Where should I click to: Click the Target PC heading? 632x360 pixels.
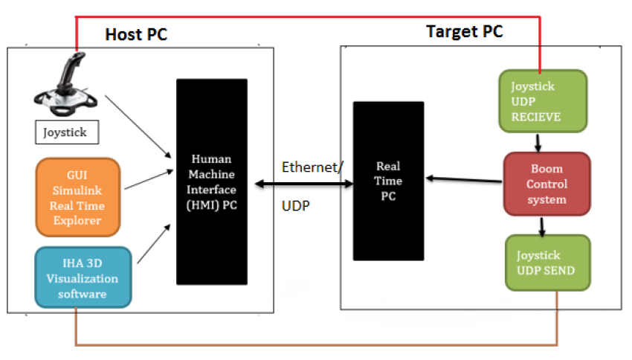[464, 31]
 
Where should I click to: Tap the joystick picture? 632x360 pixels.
[66, 86]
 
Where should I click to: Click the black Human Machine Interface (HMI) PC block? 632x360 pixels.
[212, 181]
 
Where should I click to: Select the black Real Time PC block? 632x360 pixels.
[388, 181]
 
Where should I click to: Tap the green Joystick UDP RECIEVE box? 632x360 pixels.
[544, 100]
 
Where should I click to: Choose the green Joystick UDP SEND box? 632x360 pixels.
[548, 262]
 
